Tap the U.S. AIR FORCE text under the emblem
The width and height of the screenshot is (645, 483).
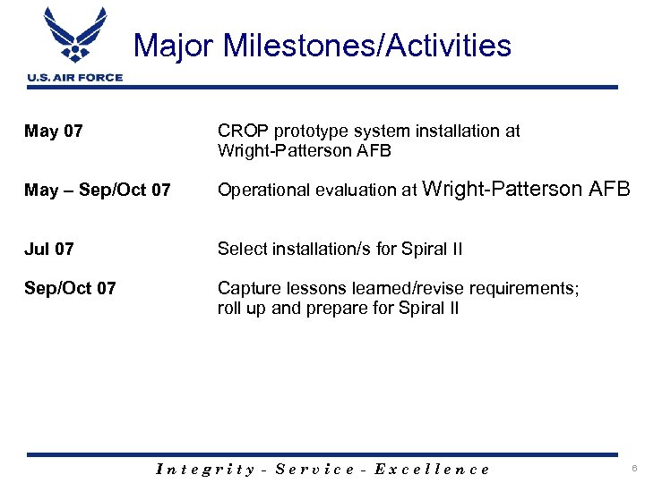pyautogui.click(x=75, y=78)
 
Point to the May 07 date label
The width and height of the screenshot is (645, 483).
pyautogui.click(x=54, y=131)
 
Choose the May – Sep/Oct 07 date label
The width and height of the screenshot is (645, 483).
pyautogui.click(x=98, y=191)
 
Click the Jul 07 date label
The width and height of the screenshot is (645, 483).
pyautogui.click(x=49, y=249)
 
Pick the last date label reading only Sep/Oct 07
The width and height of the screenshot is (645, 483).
pyautogui.click(x=70, y=288)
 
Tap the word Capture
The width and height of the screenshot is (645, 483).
pyautogui.click(x=247, y=288)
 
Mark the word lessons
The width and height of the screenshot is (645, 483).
pyautogui.click(x=309, y=288)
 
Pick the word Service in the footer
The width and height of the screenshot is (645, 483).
pyautogui.click(x=315, y=469)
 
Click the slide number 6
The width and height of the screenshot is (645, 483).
pyautogui.click(x=632, y=469)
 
